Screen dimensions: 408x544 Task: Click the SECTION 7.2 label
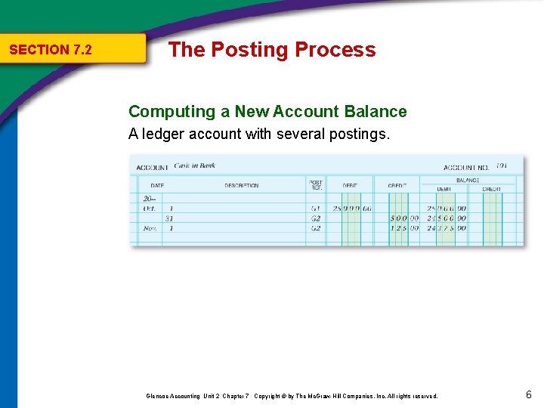coord(50,50)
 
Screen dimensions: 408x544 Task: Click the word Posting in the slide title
coord(250,50)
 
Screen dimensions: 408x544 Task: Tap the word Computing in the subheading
coord(172,112)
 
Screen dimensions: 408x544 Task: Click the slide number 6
coord(528,394)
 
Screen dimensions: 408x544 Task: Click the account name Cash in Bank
coord(194,165)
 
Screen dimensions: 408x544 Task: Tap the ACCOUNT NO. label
coord(466,167)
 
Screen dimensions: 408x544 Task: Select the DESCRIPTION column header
coord(241,185)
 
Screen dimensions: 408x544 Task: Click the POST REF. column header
coord(316,184)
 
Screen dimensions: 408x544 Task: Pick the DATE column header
coord(156,185)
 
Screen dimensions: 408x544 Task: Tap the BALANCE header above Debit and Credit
coord(467,181)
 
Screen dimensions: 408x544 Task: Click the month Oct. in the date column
coord(149,208)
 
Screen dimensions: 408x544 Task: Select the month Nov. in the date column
coord(150,227)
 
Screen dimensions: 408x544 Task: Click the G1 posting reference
coord(315,208)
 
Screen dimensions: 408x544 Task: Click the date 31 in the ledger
coord(169,218)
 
